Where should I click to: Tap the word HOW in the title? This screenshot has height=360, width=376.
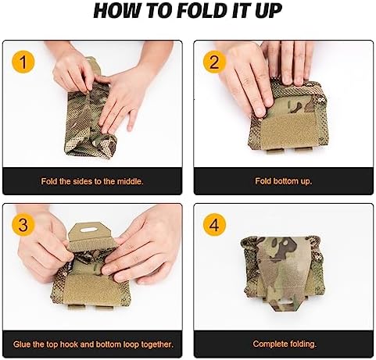tap(116, 11)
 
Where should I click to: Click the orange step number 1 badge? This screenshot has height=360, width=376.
tap(23, 62)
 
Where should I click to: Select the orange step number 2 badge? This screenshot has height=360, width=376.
tap(214, 62)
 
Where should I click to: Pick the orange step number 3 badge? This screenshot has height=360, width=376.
tap(23, 225)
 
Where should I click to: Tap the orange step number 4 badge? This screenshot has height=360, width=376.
tap(214, 225)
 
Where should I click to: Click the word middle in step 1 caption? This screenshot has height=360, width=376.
tap(130, 181)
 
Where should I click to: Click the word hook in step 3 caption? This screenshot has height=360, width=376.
tap(69, 344)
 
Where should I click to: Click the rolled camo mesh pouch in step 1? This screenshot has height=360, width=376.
tap(89, 114)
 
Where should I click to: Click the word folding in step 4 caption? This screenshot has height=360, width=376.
tap(303, 344)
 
